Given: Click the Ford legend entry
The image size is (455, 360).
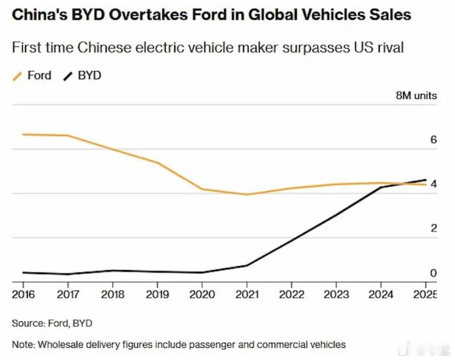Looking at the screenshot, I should click(33, 76).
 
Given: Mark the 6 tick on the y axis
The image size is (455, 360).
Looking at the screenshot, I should click(433, 140).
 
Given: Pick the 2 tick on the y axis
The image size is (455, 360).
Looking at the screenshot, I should click(433, 229).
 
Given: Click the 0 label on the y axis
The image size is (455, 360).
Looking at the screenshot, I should click(433, 273).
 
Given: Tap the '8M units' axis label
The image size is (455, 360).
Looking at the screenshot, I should click(416, 96).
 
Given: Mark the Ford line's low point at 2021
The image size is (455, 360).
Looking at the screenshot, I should click(247, 194).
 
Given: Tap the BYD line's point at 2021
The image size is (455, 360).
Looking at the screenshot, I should click(247, 265).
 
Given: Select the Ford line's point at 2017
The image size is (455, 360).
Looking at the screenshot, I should click(68, 136).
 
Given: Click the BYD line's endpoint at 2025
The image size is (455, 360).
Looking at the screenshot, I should click(426, 179).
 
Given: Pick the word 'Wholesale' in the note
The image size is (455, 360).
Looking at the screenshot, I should click(57, 345).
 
